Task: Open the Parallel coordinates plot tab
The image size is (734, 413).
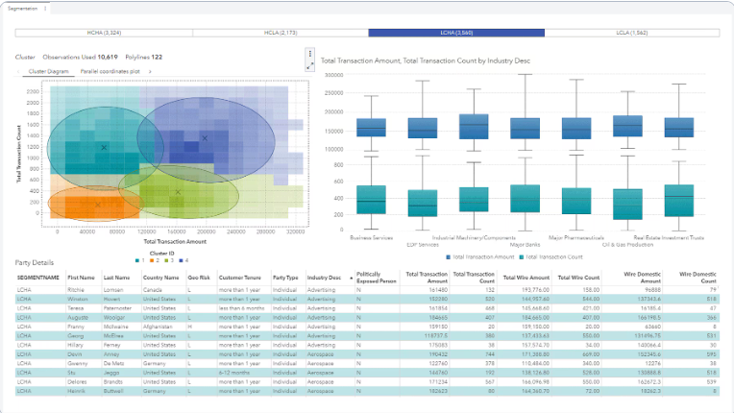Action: [110, 71]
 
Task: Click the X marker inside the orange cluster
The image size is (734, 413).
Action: [97, 204]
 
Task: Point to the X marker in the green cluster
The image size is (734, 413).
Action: [178, 192]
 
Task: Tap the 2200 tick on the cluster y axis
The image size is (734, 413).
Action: [33, 92]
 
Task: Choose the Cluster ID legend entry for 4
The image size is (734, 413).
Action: [184, 260]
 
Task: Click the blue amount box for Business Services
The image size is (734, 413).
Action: [370, 128]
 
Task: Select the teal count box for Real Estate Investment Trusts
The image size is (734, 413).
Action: [678, 200]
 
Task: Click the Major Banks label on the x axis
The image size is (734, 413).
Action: [525, 244]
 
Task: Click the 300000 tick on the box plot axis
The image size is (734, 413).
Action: [334, 74]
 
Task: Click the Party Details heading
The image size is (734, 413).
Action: [35, 262]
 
